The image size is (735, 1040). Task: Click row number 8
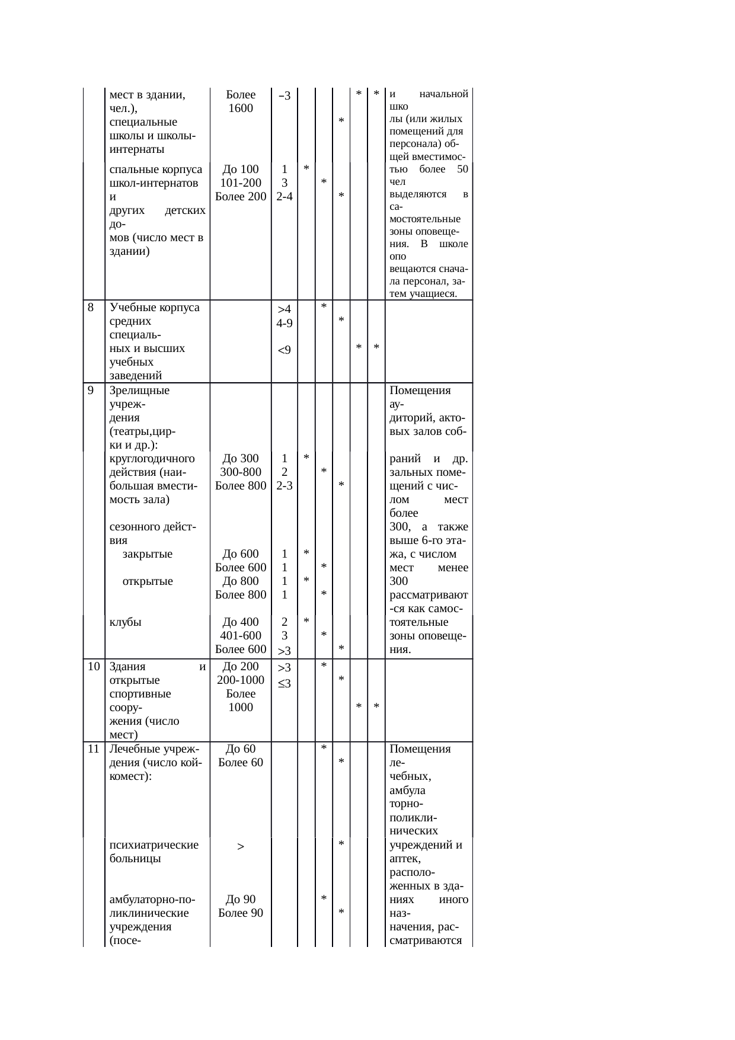pos(91,308)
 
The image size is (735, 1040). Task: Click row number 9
pos(91,391)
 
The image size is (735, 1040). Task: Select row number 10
pos(93,667)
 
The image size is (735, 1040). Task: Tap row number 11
pos(93,749)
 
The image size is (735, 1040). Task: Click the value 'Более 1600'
pos(241,101)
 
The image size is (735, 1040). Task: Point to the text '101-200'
pos(241,183)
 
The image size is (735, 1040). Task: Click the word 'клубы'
pos(126,622)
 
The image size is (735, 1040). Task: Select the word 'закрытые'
pos(148,554)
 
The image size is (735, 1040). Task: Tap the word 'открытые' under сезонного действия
pos(148,581)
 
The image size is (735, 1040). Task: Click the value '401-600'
pos(241,636)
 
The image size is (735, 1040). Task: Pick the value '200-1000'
pos(241,680)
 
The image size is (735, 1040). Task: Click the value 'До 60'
pos(241,749)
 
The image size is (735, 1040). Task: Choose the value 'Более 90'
pos(241,913)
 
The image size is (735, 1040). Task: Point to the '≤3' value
pos(285,684)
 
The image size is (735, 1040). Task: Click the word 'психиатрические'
pos(154,845)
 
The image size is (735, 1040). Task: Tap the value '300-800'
pos(241,472)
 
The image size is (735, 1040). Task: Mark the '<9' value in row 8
pos(285,350)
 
